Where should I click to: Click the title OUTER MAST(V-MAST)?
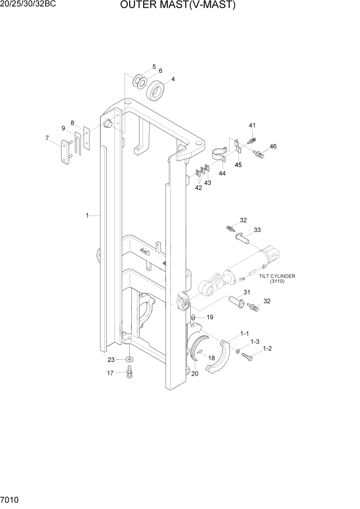[178, 6]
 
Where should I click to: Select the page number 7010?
[10, 499]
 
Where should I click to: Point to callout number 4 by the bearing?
[173, 79]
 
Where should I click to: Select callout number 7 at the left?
[47, 138]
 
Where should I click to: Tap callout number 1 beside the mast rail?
[88, 216]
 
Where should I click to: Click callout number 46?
[273, 146]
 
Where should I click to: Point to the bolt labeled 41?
[251, 139]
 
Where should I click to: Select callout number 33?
[257, 229]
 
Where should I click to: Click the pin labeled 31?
[236, 303]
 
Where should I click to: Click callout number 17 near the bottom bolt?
[110, 373]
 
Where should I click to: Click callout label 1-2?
[268, 348]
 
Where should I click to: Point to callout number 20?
[194, 374]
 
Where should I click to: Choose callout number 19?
[209, 318]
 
